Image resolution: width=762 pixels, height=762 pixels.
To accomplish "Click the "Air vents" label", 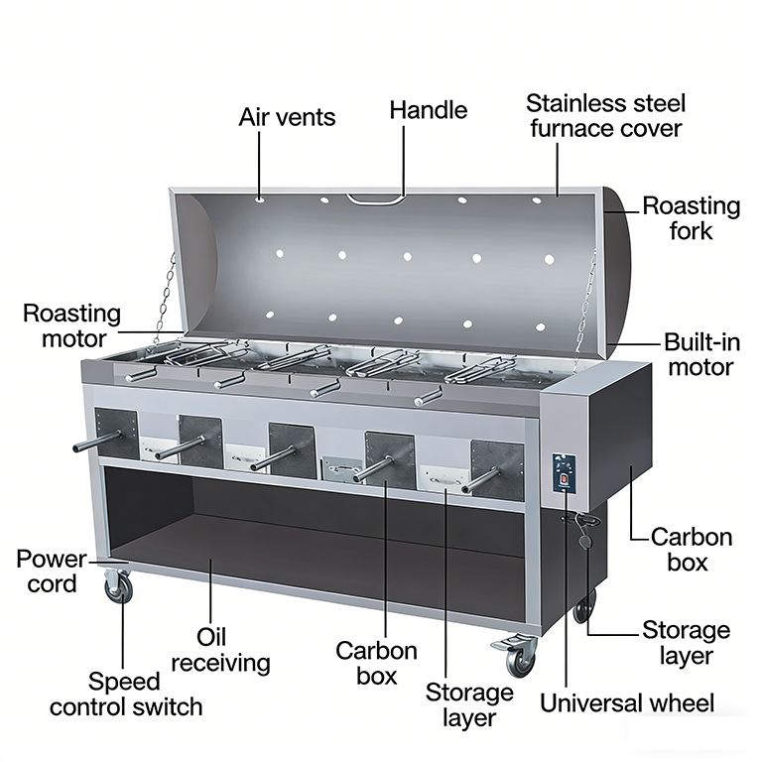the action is pos(287,117).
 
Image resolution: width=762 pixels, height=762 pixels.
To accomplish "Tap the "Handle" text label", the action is pos(429,110).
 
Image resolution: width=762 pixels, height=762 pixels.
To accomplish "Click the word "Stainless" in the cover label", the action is pos(571,103).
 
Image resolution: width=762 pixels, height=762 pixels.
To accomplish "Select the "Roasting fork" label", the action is pos(691,218).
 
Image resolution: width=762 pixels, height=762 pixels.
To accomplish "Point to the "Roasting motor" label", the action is pos(71,326).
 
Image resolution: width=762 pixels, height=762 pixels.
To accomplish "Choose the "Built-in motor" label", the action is pos(701,355).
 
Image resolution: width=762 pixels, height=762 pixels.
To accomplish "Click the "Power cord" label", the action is pos(52,571).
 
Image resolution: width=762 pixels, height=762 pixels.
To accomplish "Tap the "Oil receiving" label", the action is pos(220,650).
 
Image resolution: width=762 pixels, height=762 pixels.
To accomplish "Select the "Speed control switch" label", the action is pos(126,694).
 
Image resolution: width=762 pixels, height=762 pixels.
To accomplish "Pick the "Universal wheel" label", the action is pos(627,703).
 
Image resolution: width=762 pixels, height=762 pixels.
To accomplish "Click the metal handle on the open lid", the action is pos(376,198).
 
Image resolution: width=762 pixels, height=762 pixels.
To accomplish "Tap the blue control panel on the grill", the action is pos(565,472).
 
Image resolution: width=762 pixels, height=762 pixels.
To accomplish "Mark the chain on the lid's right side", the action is pos(585,304).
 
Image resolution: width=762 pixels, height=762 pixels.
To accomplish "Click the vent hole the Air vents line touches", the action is pos(261,198).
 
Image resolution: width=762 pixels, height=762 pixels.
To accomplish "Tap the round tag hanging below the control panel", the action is pos(586,541).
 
